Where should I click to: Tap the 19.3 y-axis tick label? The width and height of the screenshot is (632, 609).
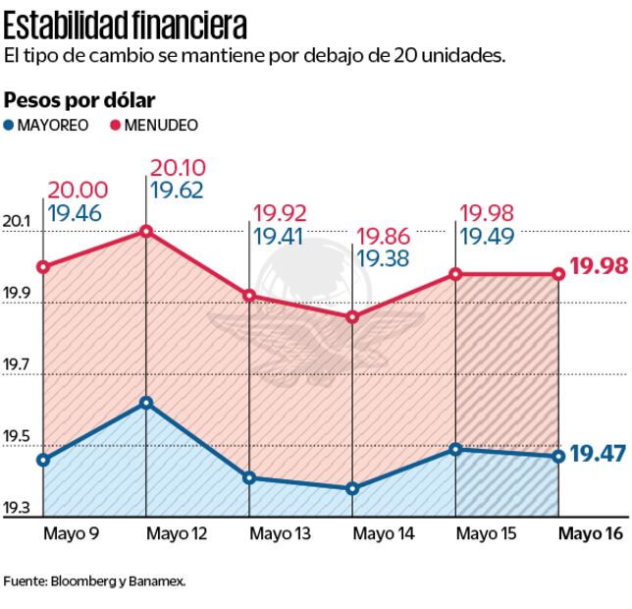click(16, 508)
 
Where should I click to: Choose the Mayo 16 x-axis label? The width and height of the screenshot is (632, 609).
click(591, 533)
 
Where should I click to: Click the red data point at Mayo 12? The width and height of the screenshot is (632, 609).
click(146, 232)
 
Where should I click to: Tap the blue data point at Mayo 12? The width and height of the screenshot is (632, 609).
click(146, 403)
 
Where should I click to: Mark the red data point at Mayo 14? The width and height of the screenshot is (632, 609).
click(352, 317)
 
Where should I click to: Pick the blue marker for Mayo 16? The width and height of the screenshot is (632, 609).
click(558, 456)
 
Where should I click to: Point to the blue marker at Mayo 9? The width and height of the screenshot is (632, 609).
click(43, 460)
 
